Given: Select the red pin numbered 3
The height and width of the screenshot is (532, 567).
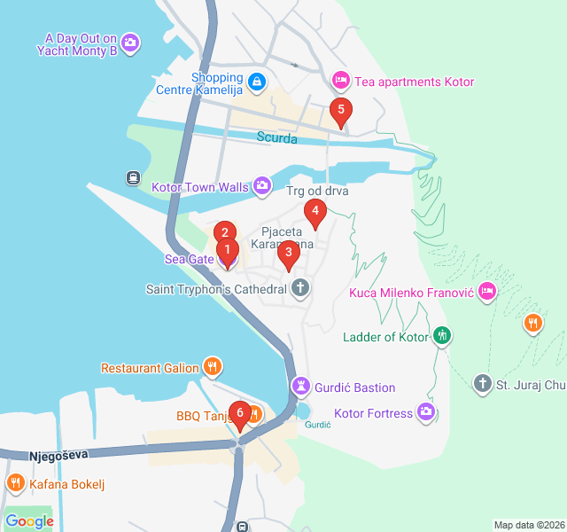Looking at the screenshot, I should click(x=287, y=253).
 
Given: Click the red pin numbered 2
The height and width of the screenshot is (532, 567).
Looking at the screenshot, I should click(x=225, y=233).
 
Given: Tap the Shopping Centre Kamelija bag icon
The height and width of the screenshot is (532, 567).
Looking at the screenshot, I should click(x=256, y=82).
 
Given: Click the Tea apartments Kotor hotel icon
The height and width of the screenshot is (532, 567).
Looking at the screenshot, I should click(x=340, y=82).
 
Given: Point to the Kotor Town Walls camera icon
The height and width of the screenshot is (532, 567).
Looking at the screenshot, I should click(x=262, y=186).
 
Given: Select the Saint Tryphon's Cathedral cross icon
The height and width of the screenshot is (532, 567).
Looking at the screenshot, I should click(x=301, y=288).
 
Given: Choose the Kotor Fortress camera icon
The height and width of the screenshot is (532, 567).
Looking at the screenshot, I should click(x=427, y=412).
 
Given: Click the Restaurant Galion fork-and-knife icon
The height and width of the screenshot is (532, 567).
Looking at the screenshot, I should click(x=212, y=367).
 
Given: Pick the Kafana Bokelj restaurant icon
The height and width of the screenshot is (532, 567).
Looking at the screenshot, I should click(x=15, y=483).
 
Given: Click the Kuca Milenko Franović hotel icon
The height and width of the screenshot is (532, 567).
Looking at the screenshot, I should click(x=486, y=292).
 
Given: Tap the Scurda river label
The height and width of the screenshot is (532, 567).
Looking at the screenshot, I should click(x=278, y=137).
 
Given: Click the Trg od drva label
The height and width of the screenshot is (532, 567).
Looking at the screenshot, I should click(x=317, y=191).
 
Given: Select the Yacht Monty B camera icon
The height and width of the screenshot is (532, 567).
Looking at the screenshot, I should click(x=131, y=43).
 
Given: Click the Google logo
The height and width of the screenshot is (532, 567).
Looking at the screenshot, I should click(x=29, y=521).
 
